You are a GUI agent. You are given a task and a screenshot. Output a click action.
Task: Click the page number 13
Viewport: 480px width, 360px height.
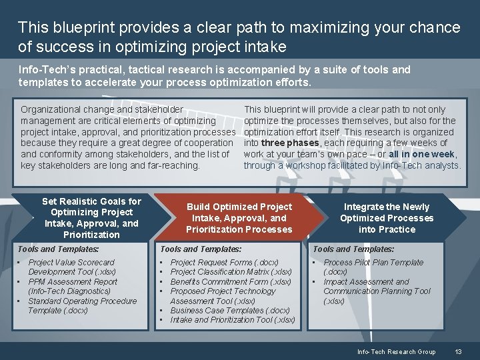click(x=458, y=352)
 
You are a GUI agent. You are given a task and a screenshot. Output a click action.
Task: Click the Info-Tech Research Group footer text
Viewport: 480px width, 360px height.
click(x=396, y=352)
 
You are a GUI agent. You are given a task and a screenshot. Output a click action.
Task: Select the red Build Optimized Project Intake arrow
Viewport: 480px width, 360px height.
click(x=239, y=218)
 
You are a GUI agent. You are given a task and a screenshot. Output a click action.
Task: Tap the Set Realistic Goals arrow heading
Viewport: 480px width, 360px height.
click(x=91, y=218)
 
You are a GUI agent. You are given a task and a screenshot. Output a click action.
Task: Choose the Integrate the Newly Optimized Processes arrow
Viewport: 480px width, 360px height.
click(x=387, y=218)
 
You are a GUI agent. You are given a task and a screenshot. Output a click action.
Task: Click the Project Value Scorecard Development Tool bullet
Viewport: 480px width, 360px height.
click(x=72, y=267)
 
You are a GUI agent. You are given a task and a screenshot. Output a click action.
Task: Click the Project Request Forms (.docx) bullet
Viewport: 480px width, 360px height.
click(x=225, y=263)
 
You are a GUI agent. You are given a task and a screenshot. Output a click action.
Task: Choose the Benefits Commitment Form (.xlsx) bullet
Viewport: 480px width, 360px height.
click(x=231, y=282)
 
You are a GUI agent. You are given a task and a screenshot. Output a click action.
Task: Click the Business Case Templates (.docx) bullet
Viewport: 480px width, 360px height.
click(x=230, y=311)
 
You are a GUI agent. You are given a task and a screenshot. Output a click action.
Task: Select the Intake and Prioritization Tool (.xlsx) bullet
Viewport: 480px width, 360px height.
click(x=233, y=320)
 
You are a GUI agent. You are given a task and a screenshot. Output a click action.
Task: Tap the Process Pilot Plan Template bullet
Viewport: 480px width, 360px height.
click(x=373, y=267)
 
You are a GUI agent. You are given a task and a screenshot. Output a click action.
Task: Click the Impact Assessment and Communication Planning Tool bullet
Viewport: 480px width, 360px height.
click(x=377, y=291)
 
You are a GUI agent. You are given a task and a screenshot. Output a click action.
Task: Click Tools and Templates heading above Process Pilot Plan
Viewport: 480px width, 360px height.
click(x=353, y=249)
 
